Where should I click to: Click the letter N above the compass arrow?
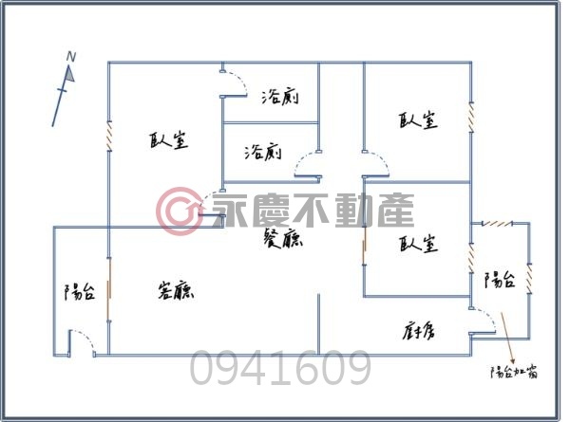[71, 57]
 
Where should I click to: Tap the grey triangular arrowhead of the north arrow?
[69, 74]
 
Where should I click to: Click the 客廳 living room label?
[176, 290]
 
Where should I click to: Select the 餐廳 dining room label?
[283, 239]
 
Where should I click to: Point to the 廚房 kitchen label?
[419, 331]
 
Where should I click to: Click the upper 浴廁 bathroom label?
[280, 97]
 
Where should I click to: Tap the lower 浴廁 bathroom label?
[263, 153]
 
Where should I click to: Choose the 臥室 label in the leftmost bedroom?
[169, 140]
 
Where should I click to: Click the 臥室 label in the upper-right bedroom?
[418, 119]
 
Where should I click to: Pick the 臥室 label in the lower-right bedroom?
[418, 244]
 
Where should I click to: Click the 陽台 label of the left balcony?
[80, 291]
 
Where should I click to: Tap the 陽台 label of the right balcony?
[500, 280]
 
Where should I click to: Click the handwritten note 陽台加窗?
[514, 373]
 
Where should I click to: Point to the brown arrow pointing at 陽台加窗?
[508, 338]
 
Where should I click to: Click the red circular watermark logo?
[179, 211]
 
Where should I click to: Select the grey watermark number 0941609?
[280, 367]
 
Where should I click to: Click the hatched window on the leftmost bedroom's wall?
[109, 136]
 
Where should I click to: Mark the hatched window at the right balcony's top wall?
[497, 224]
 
